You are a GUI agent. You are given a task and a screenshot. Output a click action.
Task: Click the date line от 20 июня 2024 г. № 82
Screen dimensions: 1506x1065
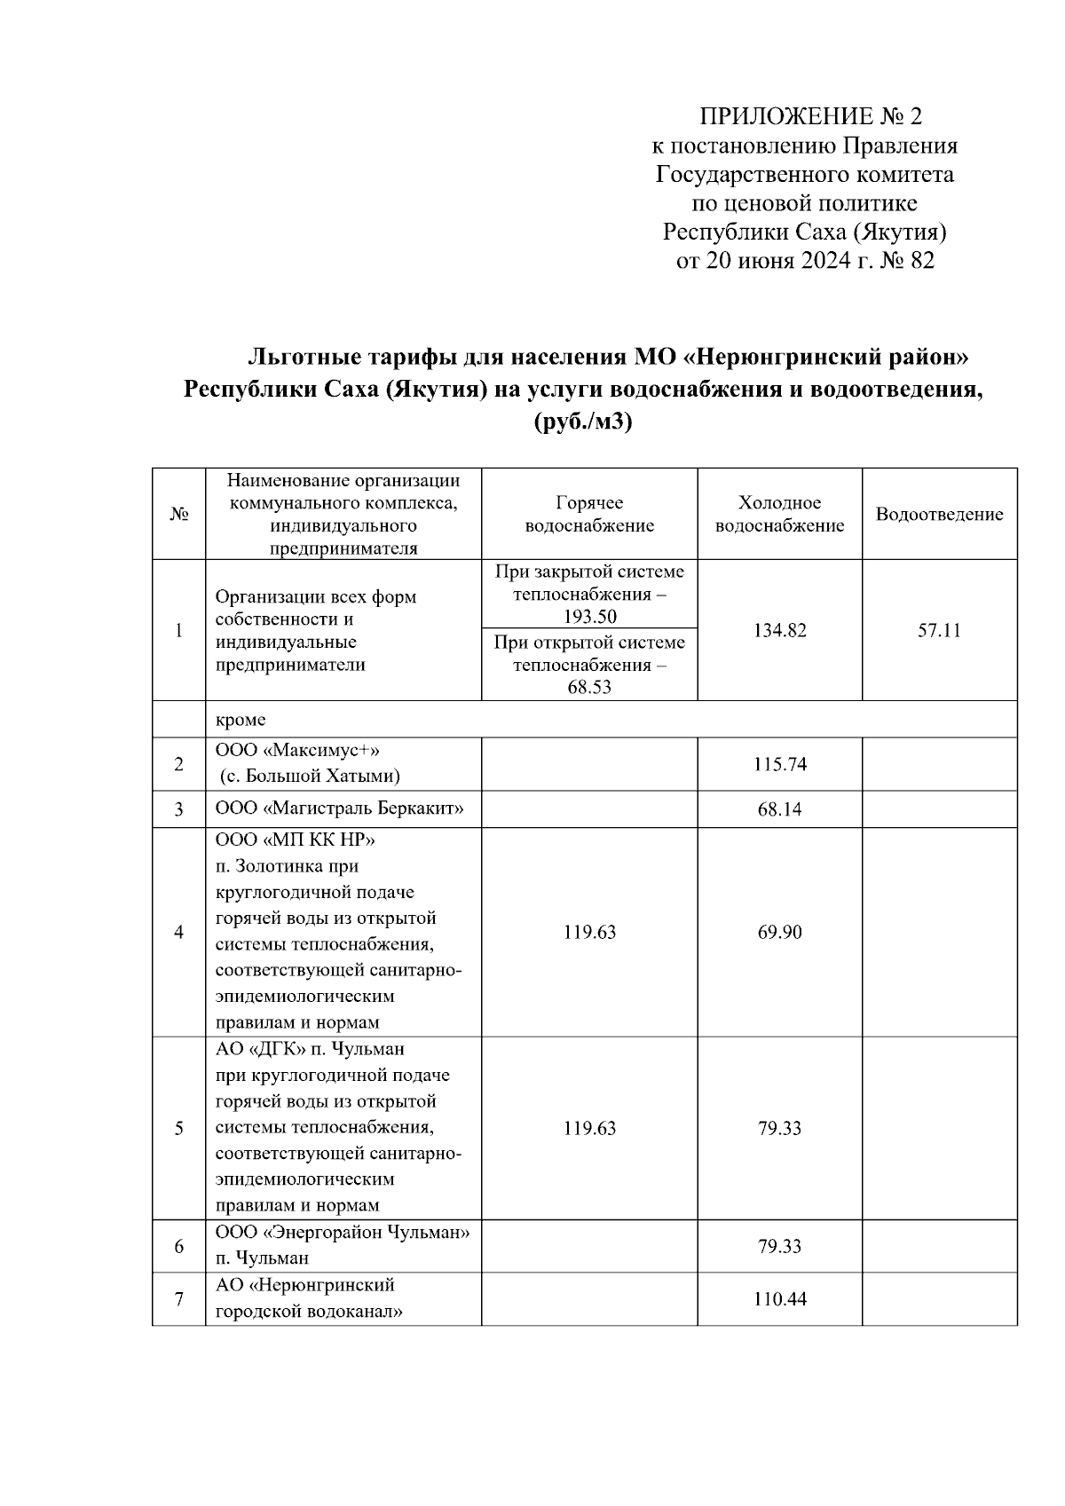click(x=804, y=260)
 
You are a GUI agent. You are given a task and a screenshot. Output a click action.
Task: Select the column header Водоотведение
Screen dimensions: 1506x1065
click(x=939, y=515)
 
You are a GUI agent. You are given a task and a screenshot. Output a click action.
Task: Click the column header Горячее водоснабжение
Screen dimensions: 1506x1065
click(x=589, y=515)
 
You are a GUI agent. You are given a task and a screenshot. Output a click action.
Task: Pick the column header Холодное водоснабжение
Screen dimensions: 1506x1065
click(x=779, y=515)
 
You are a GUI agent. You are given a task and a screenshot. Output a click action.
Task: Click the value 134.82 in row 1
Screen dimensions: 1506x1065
click(x=779, y=631)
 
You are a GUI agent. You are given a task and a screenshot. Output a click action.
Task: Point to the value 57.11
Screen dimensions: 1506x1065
click(x=939, y=631)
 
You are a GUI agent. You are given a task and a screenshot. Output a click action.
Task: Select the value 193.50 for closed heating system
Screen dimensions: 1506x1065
click(x=589, y=617)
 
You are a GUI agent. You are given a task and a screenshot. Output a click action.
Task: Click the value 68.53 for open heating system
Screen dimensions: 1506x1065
click(x=589, y=688)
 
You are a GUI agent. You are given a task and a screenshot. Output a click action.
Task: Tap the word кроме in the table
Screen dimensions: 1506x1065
click(x=241, y=720)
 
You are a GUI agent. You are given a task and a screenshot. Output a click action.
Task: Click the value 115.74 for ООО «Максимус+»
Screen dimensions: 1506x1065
click(x=779, y=764)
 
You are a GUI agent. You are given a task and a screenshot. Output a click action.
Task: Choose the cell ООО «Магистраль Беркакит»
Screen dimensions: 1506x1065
click(x=340, y=808)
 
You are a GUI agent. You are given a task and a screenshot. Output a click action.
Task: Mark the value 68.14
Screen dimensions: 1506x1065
click(x=779, y=809)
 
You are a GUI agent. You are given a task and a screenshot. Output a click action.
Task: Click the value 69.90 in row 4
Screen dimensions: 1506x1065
click(x=779, y=933)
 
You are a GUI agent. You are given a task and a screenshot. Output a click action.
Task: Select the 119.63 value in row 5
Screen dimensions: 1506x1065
click(x=589, y=1129)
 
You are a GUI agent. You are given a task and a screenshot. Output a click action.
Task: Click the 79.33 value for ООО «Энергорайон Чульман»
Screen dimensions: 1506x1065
click(x=779, y=1247)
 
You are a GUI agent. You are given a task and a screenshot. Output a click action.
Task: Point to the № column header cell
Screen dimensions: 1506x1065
click(x=179, y=515)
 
